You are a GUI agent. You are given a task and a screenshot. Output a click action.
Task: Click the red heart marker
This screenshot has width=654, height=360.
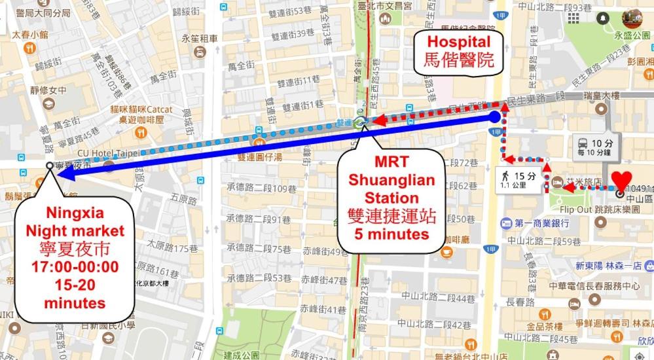click(x=622, y=180)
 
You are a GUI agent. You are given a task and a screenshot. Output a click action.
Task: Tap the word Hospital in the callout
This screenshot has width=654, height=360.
click(x=458, y=42)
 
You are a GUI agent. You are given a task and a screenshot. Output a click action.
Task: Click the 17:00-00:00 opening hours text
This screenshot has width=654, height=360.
click(x=75, y=266)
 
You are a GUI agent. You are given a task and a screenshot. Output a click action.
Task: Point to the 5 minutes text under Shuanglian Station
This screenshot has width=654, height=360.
click(x=391, y=233)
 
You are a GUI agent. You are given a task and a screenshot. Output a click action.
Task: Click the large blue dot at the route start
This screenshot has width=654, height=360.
click(x=496, y=117)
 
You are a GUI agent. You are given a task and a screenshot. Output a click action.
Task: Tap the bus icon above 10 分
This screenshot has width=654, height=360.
click(x=582, y=143)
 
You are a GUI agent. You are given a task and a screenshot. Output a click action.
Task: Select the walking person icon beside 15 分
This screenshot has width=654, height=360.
click(x=505, y=176)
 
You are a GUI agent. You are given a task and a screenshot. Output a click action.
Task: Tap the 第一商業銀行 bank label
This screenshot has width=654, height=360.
click(x=543, y=223)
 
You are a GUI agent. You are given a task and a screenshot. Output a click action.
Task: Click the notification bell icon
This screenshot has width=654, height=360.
click(x=602, y=17)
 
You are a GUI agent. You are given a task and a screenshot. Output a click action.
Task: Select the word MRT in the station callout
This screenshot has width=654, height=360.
click(x=391, y=162)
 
